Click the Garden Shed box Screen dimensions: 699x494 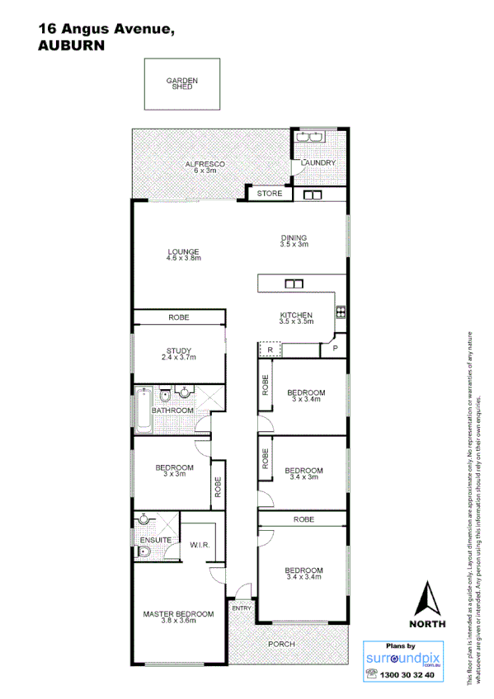[182, 83]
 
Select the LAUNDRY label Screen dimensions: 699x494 [318, 163]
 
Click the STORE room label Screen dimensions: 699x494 [270, 194]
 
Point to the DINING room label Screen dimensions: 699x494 [294, 238]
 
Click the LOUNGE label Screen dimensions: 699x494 [184, 252]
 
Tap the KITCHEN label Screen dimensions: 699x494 [296, 316]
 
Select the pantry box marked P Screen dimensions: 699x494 [336, 349]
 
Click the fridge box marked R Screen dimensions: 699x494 [270, 349]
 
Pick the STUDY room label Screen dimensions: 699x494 [179, 351]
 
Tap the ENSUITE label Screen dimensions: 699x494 [155, 540]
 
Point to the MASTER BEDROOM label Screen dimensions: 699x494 [178, 614]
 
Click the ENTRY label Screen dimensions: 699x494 [242, 608]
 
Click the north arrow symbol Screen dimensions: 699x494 [427, 599]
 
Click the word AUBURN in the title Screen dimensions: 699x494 [72, 47]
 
